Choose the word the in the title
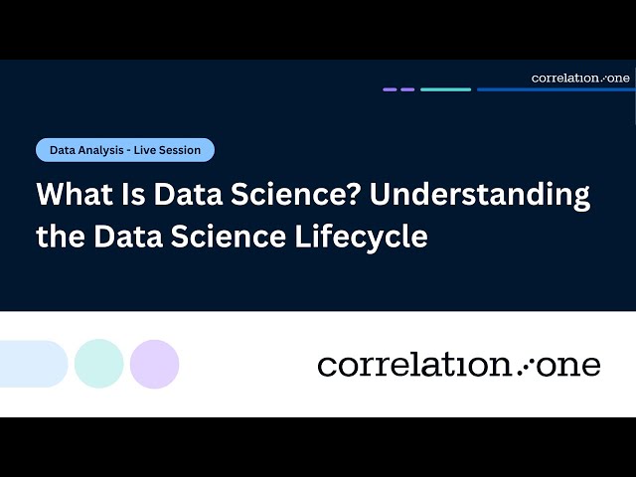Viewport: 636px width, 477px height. tap(61, 238)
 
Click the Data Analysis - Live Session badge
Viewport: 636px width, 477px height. tap(125, 150)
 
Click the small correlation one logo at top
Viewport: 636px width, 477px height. tap(580, 78)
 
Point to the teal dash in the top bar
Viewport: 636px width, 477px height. tap(445, 89)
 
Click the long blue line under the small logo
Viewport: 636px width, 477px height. tap(555, 89)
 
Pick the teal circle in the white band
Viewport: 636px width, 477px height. tap(99, 364)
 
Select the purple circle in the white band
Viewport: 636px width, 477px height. tap(154, 364)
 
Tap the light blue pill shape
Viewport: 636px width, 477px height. tap(32, 364)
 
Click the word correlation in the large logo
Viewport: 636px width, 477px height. tap(413, 365)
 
